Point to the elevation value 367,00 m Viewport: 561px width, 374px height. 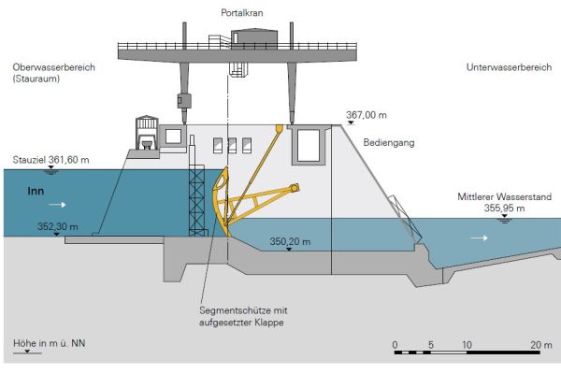tap(367, 115)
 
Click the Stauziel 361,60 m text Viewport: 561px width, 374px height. tap(51, 160)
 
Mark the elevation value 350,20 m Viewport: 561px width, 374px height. tap(290, 241)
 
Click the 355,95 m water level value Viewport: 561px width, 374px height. tap(506, 209)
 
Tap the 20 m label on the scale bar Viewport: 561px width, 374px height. tap(541, 345)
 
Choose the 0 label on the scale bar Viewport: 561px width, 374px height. tap(396, 345)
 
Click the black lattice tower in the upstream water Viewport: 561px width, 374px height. tap(197, 201)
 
